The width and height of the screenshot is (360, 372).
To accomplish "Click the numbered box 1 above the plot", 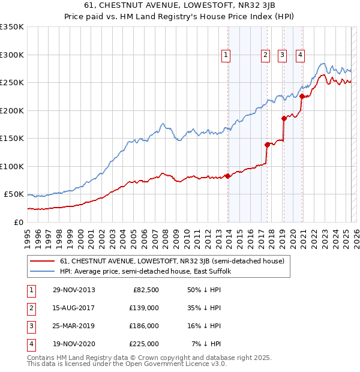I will (226, 56).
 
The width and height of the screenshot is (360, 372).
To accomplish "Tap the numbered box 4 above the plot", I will (299, 56).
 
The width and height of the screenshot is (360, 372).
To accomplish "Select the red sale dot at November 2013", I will (228, 176).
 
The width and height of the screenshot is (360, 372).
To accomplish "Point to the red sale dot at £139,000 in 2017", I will (267, 145).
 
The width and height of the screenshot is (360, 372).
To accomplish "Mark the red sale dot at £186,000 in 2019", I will (284, 118).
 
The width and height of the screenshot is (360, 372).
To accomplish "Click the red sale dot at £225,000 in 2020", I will (302, 97).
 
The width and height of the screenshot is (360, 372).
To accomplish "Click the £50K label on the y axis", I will (14, 194).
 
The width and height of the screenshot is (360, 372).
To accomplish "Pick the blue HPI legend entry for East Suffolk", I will (149, 271).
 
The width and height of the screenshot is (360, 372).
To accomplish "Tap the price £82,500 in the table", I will (146, 289).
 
